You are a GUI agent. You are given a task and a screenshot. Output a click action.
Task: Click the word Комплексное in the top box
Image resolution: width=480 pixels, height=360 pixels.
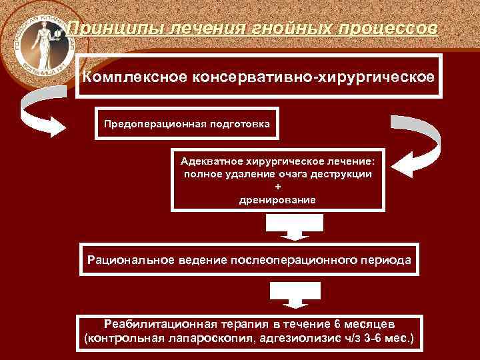tap(134, 76)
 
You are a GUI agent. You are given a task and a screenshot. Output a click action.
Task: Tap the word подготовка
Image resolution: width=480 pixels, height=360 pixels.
tap(233, 123)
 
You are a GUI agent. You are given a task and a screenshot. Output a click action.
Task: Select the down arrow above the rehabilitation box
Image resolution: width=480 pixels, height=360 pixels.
tap(294, 295)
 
